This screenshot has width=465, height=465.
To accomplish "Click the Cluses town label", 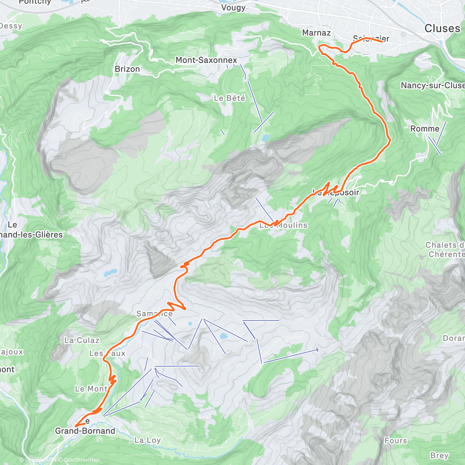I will pos(442,28).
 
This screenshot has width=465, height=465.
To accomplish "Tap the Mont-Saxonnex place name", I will pos(206,60).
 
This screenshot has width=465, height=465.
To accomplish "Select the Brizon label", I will pos(127,69).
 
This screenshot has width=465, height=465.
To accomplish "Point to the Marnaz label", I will pos(317,33).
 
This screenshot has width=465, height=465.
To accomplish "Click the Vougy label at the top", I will pos(233,7).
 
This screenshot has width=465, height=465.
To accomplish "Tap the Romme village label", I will pos(425,129).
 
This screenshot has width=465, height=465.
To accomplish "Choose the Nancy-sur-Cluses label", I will pos(432,85).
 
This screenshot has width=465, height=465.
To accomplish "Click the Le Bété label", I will pos(229,98).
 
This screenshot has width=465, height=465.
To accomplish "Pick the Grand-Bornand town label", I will pos(85,431).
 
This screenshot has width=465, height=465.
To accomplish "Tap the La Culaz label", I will pos(82,340).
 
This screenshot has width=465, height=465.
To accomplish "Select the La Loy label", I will pos(147,440).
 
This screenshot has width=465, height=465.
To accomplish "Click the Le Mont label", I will pos(91,389).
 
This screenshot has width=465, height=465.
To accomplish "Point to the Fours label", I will pos(396,441).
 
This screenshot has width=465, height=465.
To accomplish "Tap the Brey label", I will pos(439,455).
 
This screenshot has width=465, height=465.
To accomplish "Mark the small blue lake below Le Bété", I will pos(265,138).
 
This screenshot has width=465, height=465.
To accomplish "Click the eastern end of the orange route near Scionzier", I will pos(382,41).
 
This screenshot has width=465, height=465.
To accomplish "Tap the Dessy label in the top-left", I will pos(11,26).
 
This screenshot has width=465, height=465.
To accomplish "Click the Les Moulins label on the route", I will pos(283,225).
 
